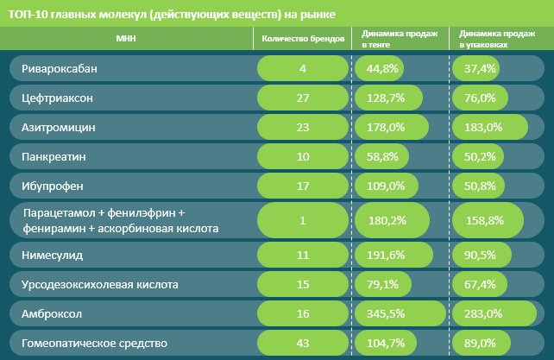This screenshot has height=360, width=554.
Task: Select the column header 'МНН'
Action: tap(126, 38)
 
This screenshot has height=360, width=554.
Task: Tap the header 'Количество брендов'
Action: tap(303, 39)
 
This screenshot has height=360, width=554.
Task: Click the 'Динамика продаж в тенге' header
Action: tap(400, 39)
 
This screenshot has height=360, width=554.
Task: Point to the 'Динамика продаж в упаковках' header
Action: tap(497, 39)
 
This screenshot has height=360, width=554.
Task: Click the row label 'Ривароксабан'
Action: tap(60, 68)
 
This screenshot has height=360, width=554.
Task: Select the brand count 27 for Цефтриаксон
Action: tap(303, 98)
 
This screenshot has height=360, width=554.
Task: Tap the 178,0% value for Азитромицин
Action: tap(386, 127)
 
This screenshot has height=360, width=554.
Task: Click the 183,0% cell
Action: tap(483, 127)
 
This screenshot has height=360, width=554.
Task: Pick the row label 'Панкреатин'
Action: tap(54, 156)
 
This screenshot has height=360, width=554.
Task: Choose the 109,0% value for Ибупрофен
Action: tap(386, 186)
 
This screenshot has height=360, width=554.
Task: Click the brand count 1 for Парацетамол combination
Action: tap(303, 221)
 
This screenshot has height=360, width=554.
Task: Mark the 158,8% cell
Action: tap(485, 221)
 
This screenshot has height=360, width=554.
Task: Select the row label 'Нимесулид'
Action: tap(53, 255)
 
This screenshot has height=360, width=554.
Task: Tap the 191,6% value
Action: tap(386, 255)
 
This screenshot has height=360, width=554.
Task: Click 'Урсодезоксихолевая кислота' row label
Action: tap(100, 285)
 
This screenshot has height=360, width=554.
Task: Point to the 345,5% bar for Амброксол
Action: tap(400, 313)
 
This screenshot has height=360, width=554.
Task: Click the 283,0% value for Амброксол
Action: tap(483, 313)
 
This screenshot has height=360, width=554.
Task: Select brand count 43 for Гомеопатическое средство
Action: tap(303, 343)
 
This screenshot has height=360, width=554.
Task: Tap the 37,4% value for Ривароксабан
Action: tap(480, 68)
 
